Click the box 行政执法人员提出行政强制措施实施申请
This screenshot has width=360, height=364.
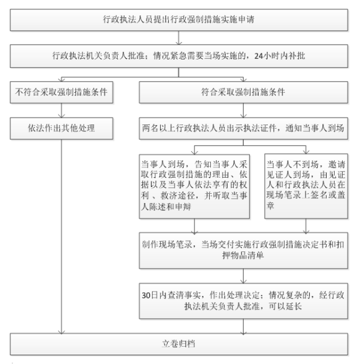(x=179, y=20)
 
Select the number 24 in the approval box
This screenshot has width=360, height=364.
(x=259, y=56)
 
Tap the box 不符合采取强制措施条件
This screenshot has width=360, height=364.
(x=61, y=92)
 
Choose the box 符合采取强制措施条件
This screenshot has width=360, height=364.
(x=243, y=92)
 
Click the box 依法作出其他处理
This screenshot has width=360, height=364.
(x=61, y=128)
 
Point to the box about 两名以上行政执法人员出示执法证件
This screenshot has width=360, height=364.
(x=243, y=128)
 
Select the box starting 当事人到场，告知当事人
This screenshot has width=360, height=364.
(x=194, y=186)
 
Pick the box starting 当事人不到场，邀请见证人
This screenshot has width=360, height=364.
(x=306, y=186)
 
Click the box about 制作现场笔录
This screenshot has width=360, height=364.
(x=243, y=251)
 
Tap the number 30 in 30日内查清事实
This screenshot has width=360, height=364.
(x=146, y=295)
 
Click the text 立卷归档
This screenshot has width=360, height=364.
(x=178, y=344)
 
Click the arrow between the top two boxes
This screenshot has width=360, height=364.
(x=179, y=38)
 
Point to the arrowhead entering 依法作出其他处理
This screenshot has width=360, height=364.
(x=61, y=116)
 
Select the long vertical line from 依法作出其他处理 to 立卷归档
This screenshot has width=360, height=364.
(x=61, y=236)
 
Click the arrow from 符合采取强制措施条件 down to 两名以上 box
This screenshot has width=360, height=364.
(x=243, y=110)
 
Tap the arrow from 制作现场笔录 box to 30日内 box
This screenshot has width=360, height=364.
(x=243, y=276)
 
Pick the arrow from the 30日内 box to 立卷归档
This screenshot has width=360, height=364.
(x=243, y=326)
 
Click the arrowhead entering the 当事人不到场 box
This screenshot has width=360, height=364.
(x=306, y=152)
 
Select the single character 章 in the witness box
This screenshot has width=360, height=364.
(x=270, y=206)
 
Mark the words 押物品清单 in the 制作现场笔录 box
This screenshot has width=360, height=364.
(x=243, y=256)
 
